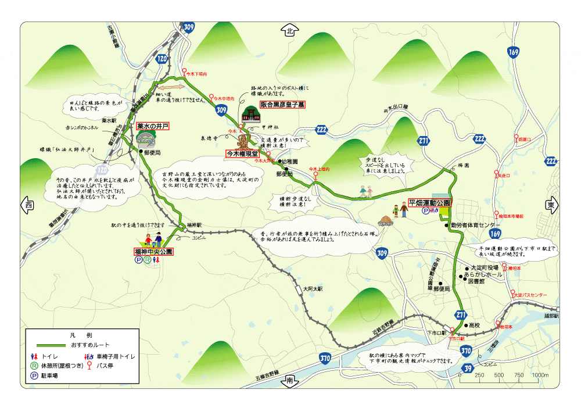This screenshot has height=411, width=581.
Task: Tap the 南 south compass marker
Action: (x=289, y=380)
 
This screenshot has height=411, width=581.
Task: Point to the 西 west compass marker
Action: (x=28, y=205)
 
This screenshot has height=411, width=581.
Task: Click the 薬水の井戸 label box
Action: (x=153, y=126)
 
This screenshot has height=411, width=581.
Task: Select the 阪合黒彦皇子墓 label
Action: (x=282, y=105)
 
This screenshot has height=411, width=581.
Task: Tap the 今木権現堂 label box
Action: (x=242, y=153)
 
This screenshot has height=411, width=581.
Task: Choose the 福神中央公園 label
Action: (x=153, y=252)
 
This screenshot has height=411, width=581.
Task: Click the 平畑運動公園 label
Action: (x=429, y=202)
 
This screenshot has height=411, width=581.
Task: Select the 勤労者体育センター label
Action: (x=474, y=225)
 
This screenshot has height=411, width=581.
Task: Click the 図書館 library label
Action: (x=478, y=281)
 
